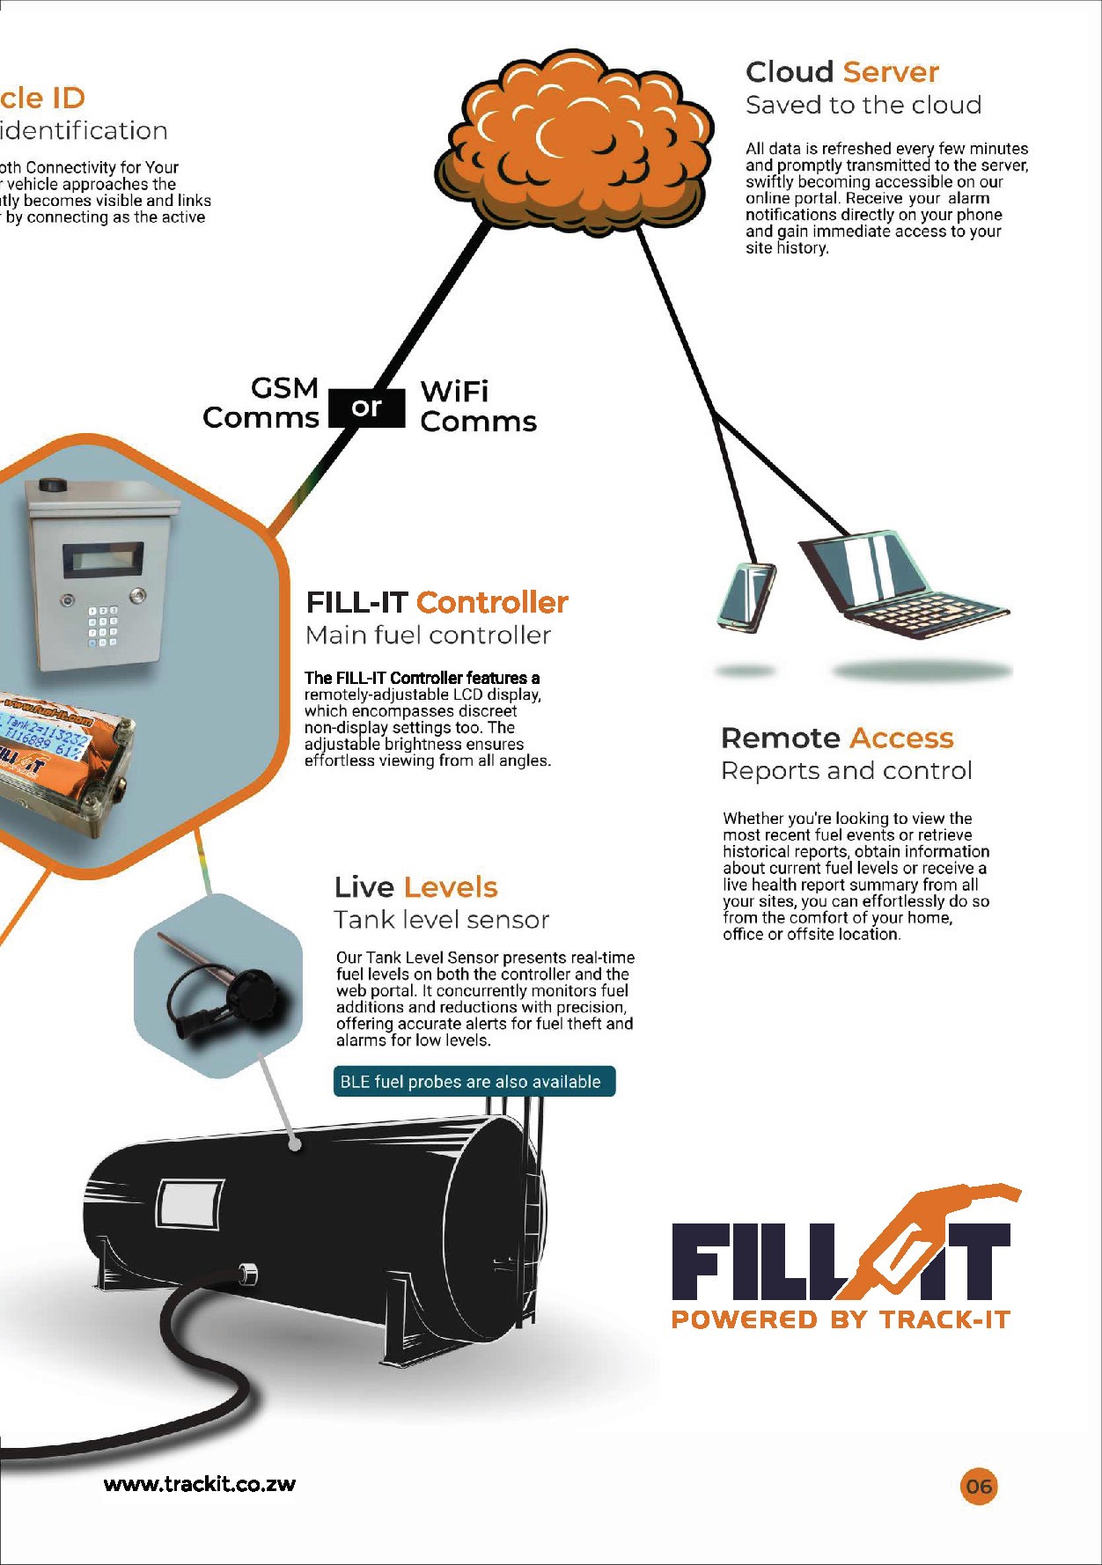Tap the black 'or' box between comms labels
point(367,408)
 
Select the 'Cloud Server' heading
point(841,72)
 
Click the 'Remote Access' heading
point(836,738)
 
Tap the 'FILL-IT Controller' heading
point(437,602)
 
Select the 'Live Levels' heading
point(415,886)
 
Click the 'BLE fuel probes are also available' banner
point(474,1082)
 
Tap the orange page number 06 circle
point(978,1487)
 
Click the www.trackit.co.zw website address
point(200,1484)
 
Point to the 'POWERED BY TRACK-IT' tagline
point(841,1319)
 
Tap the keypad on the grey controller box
point(102,626)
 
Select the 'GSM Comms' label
point(261,402)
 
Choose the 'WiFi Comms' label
point(477,406)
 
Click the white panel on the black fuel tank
point(189,1204)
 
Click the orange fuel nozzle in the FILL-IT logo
point(924,1232)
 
